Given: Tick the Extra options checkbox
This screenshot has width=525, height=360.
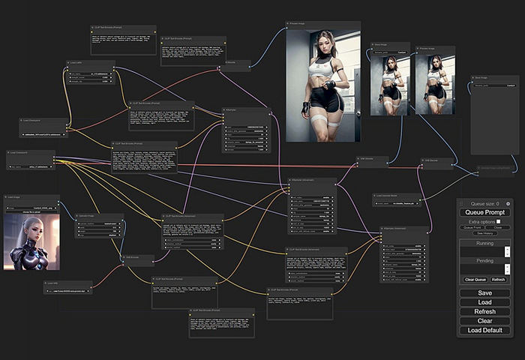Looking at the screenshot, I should pyautogui.click(x=498, y=221).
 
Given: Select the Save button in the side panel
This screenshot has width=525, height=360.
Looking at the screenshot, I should pyautogui.click(x=484, y=293).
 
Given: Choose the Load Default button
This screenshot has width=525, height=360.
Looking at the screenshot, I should pyautogui.click(x=484, y=330).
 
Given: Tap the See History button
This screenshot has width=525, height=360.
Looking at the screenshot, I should pyautogui.click(x=484, y=233).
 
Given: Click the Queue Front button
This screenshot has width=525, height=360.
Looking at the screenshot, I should pyautogui.click(x=472, y=227).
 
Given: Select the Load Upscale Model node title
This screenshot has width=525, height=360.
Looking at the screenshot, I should pyautogui.click(x=390, y=195).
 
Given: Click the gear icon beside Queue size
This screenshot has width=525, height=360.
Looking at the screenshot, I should pyautogui.click(x=508, y=203).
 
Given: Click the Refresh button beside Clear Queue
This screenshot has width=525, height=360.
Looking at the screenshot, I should pyautogui.click(x=499, y=279).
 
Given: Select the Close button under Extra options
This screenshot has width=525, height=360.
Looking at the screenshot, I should pyautogui.click(x=498, y=227).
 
